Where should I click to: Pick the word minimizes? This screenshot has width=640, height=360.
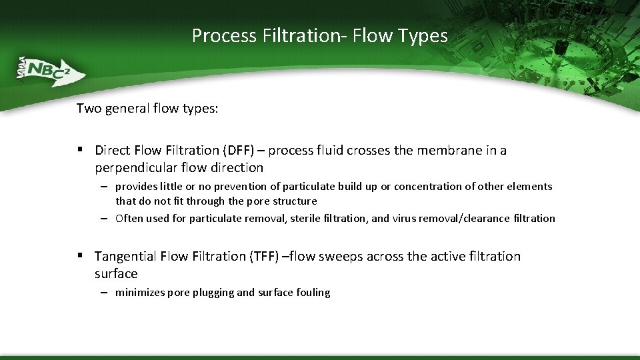(141, 292)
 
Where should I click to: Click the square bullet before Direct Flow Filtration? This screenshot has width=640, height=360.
(80, 150)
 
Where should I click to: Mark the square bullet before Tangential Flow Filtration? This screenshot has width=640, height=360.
(80, 256)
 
